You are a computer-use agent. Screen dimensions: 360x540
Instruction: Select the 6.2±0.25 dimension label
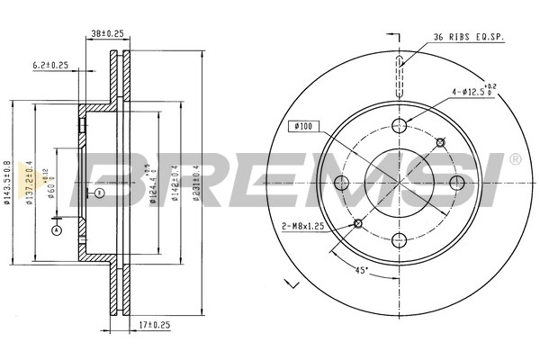(51, 65)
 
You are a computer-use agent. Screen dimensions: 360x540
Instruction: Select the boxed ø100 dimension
(301, 127)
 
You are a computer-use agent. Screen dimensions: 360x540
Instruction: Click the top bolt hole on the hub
(399, 127)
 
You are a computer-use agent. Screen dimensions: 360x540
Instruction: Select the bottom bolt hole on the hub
(399, 238)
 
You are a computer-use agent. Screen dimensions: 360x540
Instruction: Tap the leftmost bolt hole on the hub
(342, 184)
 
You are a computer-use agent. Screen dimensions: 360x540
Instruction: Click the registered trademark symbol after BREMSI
(514, 159)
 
